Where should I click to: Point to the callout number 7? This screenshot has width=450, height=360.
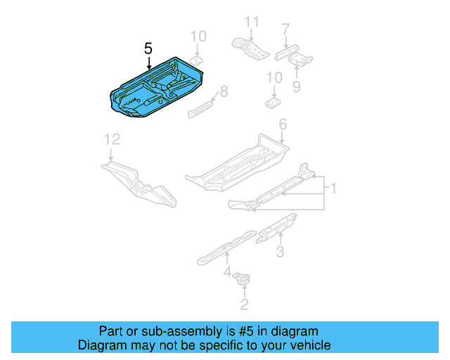click(x=285, y=29)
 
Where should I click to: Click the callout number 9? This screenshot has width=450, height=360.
click(x=296, y=86)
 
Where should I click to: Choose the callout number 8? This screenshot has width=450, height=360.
click(x=224, y=90)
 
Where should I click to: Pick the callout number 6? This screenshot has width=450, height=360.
click(x=283, y=124)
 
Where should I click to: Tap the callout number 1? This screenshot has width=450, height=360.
click(x=335, y=188)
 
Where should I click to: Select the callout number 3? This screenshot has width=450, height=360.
click(x=279, y=252)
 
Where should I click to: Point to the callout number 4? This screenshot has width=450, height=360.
click(x=226, y=272)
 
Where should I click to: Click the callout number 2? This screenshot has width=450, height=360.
click(x=244, y=304)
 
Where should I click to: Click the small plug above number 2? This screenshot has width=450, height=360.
click(x=243, y=279)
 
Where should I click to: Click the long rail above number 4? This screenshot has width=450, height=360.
click(x=225, y=245)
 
